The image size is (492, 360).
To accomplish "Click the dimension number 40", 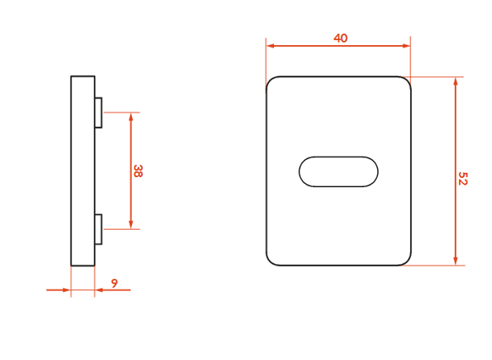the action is pyautogui.click(x=340, y=39).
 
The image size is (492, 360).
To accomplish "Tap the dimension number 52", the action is pyautogui.click(x=462, y=178).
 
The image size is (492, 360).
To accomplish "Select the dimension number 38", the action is pyautogui.click(x=138, y=171).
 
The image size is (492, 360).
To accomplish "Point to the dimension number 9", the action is pyautogui.click(x=115, y=284).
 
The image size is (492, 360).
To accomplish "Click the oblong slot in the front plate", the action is pyautogui.click(x=339, y=171).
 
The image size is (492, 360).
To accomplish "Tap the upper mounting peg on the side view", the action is pyautogui.click(x=98, y=112).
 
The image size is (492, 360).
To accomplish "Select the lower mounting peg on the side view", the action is pyautogui.click(x=98, y=229).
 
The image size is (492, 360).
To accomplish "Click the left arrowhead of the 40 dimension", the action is pyautogui.click(x=271, y=46).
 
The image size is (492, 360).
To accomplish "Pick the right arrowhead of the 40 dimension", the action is pyautogui.click(x=406, y=46).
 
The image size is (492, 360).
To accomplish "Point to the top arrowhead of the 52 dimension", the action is pyautogui.click(x=456, y=82).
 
